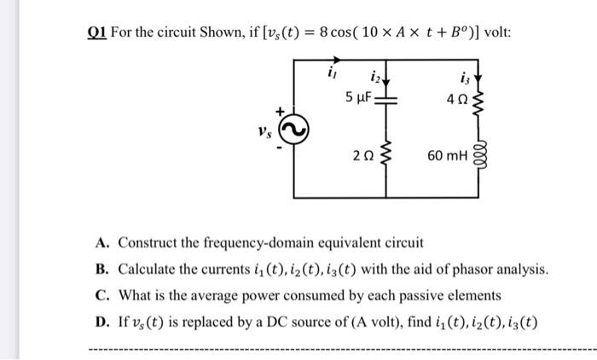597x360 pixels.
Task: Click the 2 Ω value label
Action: [359, 157]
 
